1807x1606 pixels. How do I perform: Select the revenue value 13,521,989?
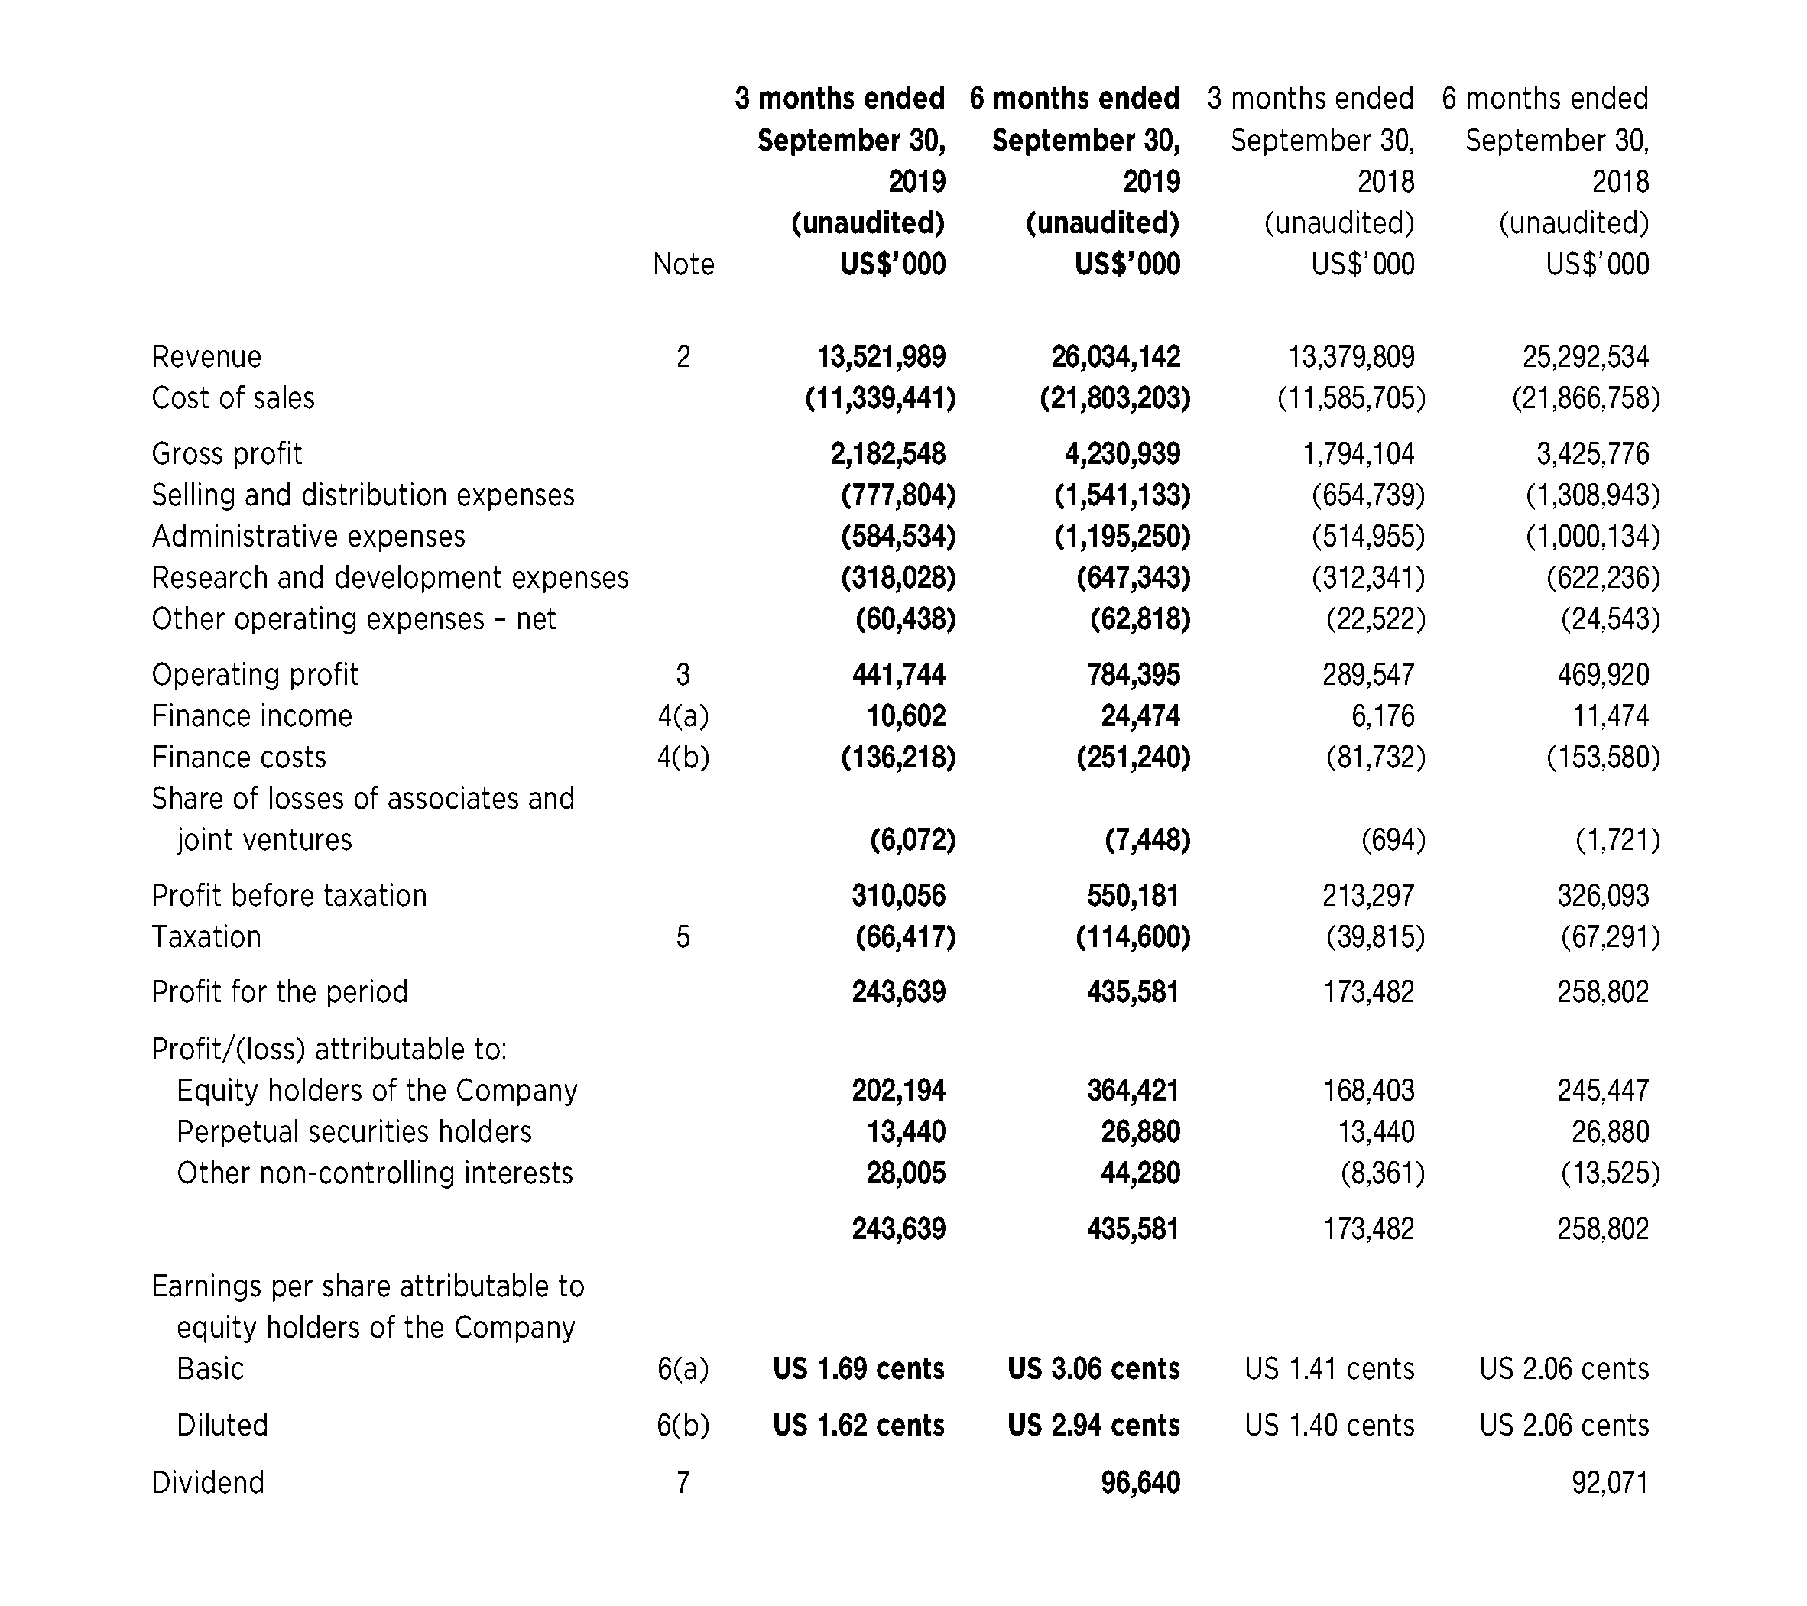881,356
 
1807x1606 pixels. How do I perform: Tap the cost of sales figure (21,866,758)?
1586,397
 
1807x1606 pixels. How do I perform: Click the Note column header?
683,264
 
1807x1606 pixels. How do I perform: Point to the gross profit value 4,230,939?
1122,453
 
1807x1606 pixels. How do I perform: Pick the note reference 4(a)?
683,715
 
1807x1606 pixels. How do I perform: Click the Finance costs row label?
238,757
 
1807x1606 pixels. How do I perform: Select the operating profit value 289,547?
1367,674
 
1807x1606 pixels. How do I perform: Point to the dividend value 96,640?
1140,1482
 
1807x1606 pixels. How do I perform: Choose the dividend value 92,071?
1609,1482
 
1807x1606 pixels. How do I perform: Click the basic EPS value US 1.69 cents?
858,1368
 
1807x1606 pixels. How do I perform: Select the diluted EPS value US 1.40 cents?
1328,1425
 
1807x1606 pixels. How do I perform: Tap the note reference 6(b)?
683,1425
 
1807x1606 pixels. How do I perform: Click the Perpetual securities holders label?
354,1131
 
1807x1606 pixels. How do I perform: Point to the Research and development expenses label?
390,577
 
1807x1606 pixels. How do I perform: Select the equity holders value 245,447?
1602,1090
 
